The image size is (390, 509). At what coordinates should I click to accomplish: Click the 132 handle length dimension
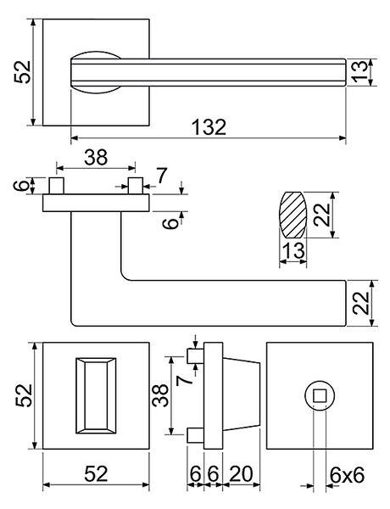(x=209, y=127)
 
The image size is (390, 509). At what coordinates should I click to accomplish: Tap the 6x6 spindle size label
(x=347, y=475)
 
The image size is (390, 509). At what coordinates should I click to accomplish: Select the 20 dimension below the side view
(x=241, y=474)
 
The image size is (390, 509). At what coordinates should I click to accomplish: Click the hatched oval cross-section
(x=293, y=215)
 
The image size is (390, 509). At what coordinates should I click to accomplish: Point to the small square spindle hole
(x=320, y=395)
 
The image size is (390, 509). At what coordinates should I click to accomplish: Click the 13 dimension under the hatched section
(x=293, y=250)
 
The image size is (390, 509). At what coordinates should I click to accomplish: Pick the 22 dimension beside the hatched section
(x=322, y=215)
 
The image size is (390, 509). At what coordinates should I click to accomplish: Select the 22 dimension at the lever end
(x=361, y=303)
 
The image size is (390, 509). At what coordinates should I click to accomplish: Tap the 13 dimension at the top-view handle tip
(x=359, y=72)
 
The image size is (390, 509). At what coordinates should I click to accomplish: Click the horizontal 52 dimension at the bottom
(x=96, y=474)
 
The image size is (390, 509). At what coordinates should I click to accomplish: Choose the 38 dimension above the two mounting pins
(x=96, y=157)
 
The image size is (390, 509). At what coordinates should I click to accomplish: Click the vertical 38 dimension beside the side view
(x=160, y=395)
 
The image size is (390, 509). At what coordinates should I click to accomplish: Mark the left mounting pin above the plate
(x=56, y=186)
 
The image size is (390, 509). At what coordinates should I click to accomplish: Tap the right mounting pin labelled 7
(x=136, y=186)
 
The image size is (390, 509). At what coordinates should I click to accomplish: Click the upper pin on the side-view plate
(x=196, y=356)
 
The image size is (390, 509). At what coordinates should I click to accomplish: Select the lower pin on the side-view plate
(x=196, y=435)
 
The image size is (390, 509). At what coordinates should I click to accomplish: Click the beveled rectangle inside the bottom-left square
(x=96, y=395)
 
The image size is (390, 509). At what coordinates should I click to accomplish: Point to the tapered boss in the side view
(x=242, y=395)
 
